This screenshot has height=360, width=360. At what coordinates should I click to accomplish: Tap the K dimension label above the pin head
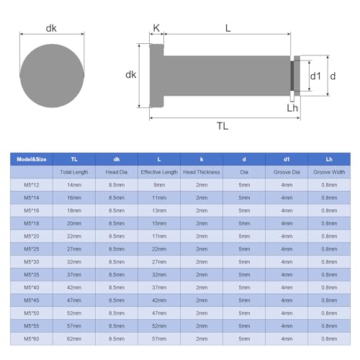[x=156, y=28]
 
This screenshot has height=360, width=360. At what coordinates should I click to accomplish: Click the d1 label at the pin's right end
[x=315, y=76]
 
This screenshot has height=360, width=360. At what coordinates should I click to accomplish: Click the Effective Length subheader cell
[x=158, y=174]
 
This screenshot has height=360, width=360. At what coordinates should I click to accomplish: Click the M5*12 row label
[x=32, y=184]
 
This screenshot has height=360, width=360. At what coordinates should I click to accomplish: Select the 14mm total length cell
[x=74, y=184]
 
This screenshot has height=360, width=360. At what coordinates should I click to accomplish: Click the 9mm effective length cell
[x=158, y=184]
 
